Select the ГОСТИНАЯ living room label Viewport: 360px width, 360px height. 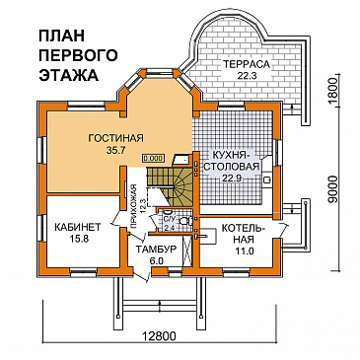[x=115, y=137]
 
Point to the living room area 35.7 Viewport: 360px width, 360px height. [x=115, y=151]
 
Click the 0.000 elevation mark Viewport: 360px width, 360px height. [x=153, y=157]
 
